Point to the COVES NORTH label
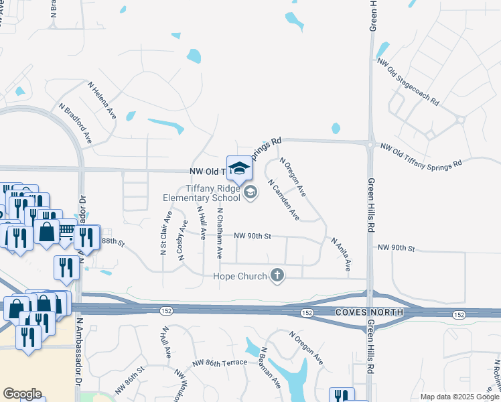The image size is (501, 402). point(370,312)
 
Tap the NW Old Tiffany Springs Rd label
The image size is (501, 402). point(421,155)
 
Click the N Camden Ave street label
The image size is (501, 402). point(283,200)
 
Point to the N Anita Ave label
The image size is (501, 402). point(340,253)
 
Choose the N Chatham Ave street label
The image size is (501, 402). point(219,233)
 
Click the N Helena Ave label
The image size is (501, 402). point(102,100)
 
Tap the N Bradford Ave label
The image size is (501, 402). point(75,123)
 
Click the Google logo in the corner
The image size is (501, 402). point(21,394)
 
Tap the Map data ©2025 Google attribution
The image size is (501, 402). point(459,397)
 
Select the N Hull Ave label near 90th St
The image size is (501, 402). point(201,219)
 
